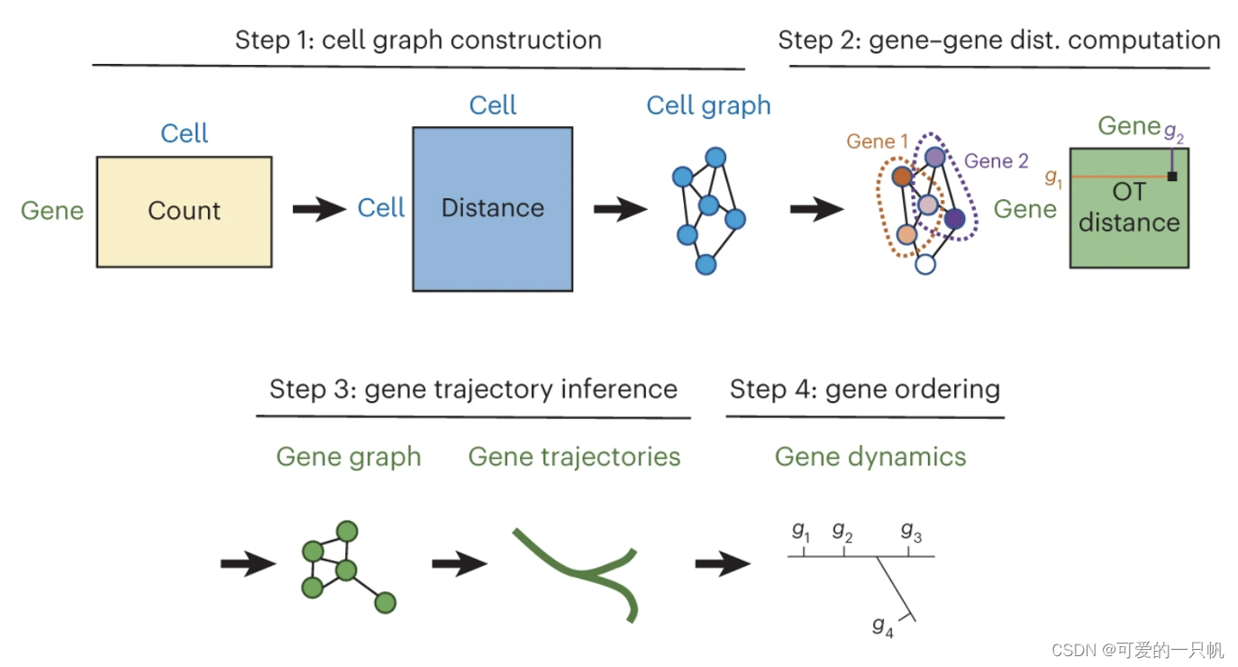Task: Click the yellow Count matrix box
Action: pyautogui.click(x=184, y=212)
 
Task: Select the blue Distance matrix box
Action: pyautogui.click(x=492, y=209)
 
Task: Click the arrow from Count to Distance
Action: pyautogui.click(x=319, y=210)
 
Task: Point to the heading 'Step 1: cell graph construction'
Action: pyautogui.click(x=418, y=41)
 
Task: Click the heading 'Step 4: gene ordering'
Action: pyautogui.click(x=865, y=389)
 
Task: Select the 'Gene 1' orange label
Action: pyautogui.click(x=878, y=142)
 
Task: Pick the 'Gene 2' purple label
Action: pyautogui.click(x=996, y=161)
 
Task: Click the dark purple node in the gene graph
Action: pyautogui.click(x=954, y=218)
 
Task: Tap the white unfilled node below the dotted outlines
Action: pyautogui.click(x=925, y=264)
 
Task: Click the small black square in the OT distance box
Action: pyautogui.click(x=1171, y=176)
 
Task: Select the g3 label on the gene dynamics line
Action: pyautogui.click(x=911, y=532)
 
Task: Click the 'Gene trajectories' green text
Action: pyautogui.click(x=574, y=456)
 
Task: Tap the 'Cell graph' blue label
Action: pyautogui.click(x=708, y=105)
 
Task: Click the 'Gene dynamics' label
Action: pyautogui.click(x=870, y=456)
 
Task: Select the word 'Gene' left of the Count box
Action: pyautogui.click(x=52, y=211)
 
